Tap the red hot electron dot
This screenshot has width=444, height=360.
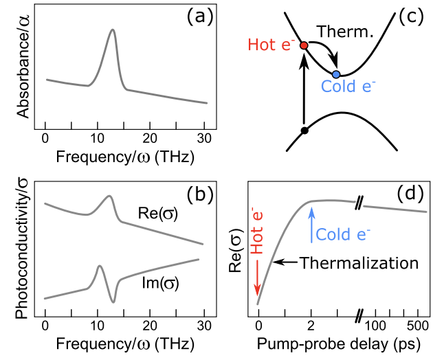click(303, 47)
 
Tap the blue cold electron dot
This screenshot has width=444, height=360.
click(336, 74)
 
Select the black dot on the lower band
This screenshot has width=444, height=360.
click(304, 131)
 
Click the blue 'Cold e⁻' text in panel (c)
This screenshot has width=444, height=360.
click(348, 87)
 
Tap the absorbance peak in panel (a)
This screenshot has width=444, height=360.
click(111, 30)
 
